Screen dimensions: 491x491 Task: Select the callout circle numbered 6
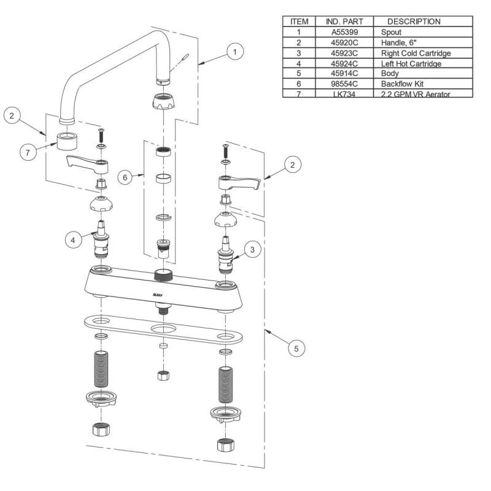point(125,177)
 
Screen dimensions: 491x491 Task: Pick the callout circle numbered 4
point(74,240)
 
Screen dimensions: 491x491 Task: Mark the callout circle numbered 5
point(296,348)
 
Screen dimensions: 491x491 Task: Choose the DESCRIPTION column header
point(414,21)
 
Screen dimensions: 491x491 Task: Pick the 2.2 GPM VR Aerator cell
point(411,93)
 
